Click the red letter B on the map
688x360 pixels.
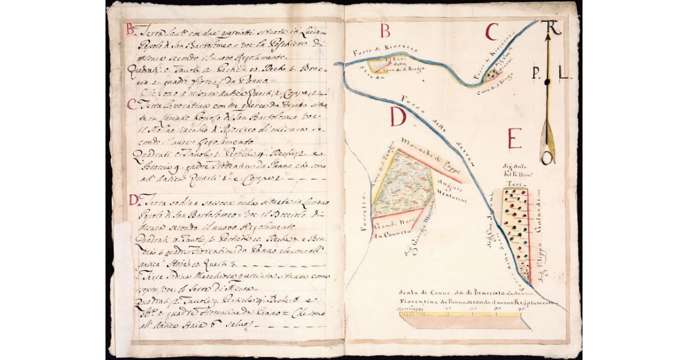[385, 31]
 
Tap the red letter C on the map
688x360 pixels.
[491, 32]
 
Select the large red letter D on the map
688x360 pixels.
[397, 117]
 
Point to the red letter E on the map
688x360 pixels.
[514, 139]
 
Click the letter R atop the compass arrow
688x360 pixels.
[549, 27]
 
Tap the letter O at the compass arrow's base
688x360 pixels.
[549, 157]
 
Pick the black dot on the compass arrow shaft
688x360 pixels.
[548, 82]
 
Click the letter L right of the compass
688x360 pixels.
[564, 73]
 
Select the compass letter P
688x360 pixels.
[535, 73]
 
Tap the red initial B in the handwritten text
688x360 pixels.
[130, 29]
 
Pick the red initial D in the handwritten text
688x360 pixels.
[133, 201]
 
